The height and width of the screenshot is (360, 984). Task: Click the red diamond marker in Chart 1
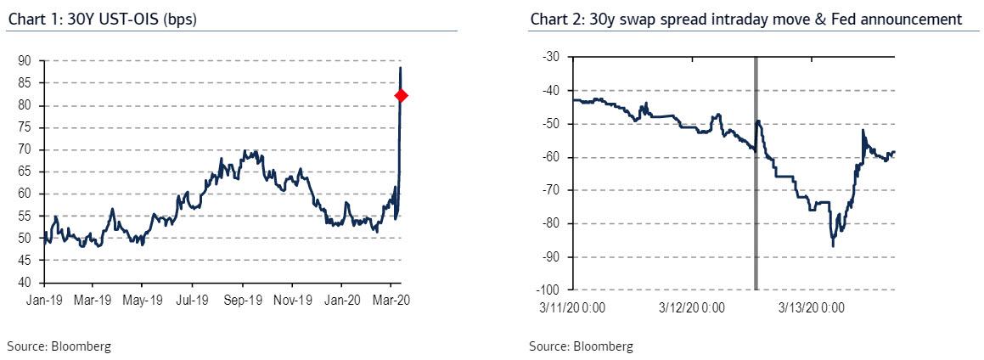coord(401,96)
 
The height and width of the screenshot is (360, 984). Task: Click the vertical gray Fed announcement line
coord(755,173)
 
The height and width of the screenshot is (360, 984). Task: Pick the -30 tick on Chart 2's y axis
coord(550,57)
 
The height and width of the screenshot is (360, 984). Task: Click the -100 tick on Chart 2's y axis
coord(548,290)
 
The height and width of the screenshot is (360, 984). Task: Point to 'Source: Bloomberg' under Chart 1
coord(59,346)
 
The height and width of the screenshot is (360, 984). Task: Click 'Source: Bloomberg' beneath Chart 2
coord(581,346)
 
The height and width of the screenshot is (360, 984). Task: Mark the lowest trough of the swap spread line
coord(833,245)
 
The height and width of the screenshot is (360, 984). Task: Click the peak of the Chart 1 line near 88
coord(401,68)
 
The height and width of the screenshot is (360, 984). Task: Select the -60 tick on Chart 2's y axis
coord(550,157)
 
